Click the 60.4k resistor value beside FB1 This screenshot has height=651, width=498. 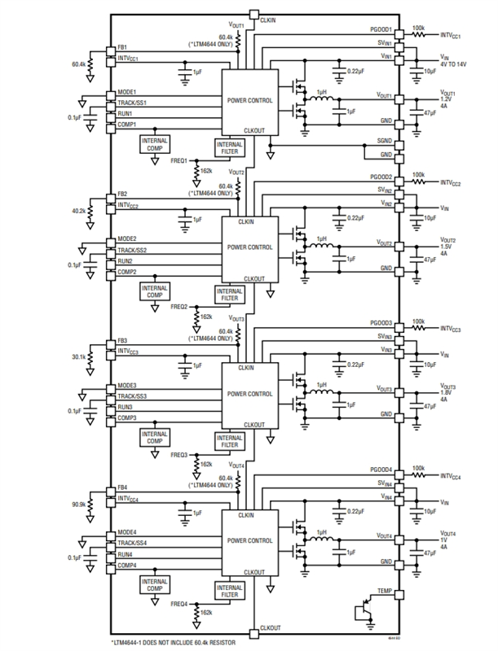(79, 63)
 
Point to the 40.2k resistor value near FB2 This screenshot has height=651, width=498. (79, 210)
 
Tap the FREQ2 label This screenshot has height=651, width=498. (179, 307)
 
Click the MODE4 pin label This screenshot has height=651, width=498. (127, 532)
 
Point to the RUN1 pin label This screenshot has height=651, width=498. (125, 114)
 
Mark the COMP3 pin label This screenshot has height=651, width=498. (126, 417)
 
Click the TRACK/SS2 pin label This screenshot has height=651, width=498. (133, 250)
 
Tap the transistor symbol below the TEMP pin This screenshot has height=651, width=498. (364, 613)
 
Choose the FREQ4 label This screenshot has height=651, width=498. (179, 604)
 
